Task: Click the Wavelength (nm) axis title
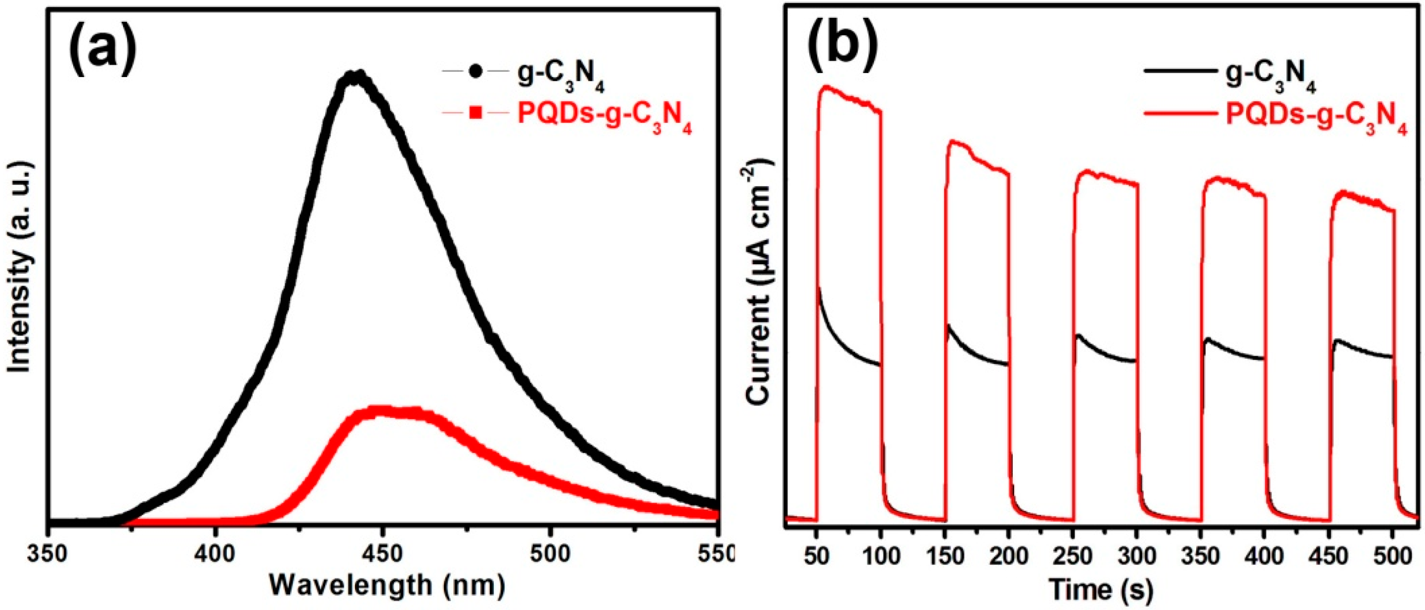point(387,586)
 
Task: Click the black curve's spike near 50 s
point(818,288)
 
